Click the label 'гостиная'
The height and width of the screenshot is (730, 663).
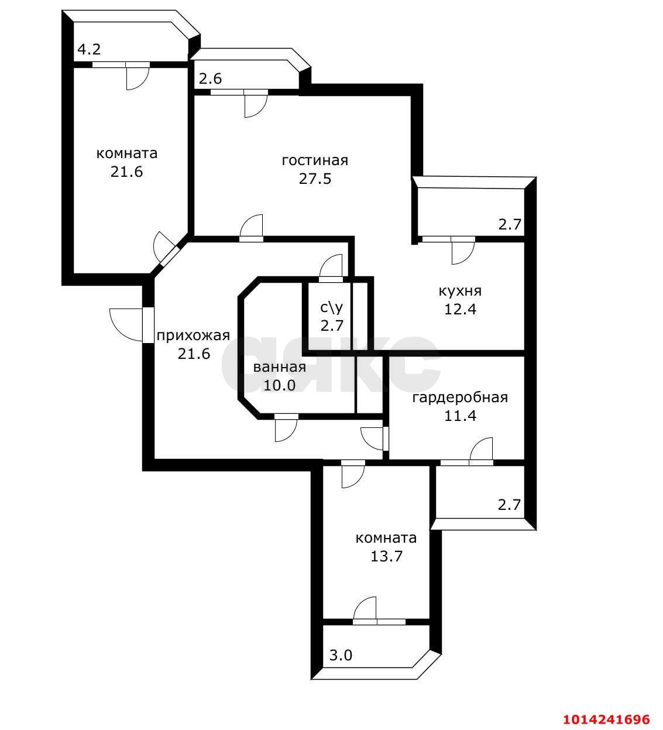315,160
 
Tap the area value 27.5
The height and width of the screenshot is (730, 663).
315,179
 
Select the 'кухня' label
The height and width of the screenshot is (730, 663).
460,291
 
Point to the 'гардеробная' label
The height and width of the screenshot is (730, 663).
460,398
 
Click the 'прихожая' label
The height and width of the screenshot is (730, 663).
193,335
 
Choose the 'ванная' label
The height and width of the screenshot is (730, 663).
279,367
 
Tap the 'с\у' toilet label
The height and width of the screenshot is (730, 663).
331,307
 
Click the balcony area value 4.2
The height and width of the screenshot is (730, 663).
89,50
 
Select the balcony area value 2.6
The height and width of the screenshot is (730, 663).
210,78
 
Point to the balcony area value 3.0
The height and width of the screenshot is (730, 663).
341,655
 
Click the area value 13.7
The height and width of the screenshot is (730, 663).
386,556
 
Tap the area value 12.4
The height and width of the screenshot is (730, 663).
460,309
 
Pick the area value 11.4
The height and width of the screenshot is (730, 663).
460,416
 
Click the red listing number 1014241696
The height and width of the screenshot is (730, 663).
606,719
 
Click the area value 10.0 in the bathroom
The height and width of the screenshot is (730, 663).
279,385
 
